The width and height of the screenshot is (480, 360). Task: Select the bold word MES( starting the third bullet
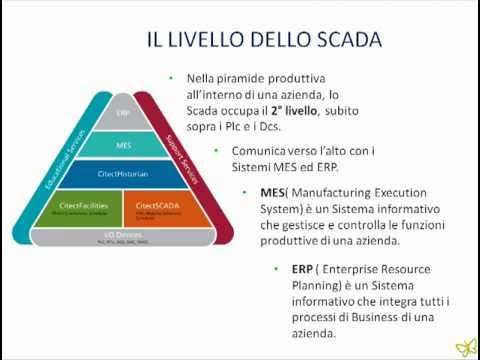tap(274, 193)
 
